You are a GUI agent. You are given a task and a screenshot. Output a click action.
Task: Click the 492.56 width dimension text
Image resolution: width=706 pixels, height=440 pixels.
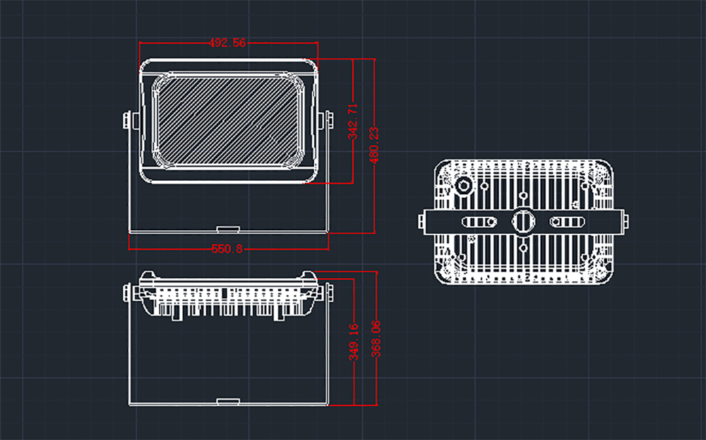click(x=227, y=43)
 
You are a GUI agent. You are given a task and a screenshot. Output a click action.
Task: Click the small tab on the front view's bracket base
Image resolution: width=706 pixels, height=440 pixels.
click(x=228, y=229)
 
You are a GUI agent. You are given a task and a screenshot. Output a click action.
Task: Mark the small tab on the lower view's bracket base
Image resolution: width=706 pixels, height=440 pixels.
click(x=228, y=402)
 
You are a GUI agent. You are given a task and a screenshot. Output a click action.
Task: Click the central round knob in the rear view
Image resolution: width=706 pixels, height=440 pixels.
click(x=522, y=221)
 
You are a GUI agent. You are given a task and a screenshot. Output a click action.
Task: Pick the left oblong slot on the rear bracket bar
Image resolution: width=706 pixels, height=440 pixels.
click(x=479, y=222)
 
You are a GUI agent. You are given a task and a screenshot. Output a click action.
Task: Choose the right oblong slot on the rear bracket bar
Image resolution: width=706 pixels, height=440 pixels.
click(x=567, y=222)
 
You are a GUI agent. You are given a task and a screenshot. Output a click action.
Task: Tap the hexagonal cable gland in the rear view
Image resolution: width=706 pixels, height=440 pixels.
click(x=465, y=186)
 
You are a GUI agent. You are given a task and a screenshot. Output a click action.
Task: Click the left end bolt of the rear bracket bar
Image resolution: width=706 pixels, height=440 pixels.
click(x=421, y=222)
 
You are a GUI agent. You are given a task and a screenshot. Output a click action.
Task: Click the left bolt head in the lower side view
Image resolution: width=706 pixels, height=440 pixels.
click(x=128, y=292)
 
